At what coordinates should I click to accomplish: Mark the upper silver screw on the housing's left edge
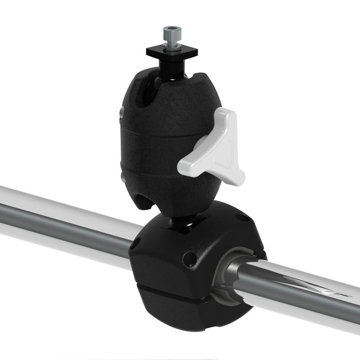click(x=122, y=114)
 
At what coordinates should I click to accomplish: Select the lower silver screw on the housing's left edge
click(x=122, y=177)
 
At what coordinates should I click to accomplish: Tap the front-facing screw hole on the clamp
click(x=188, y=259)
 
